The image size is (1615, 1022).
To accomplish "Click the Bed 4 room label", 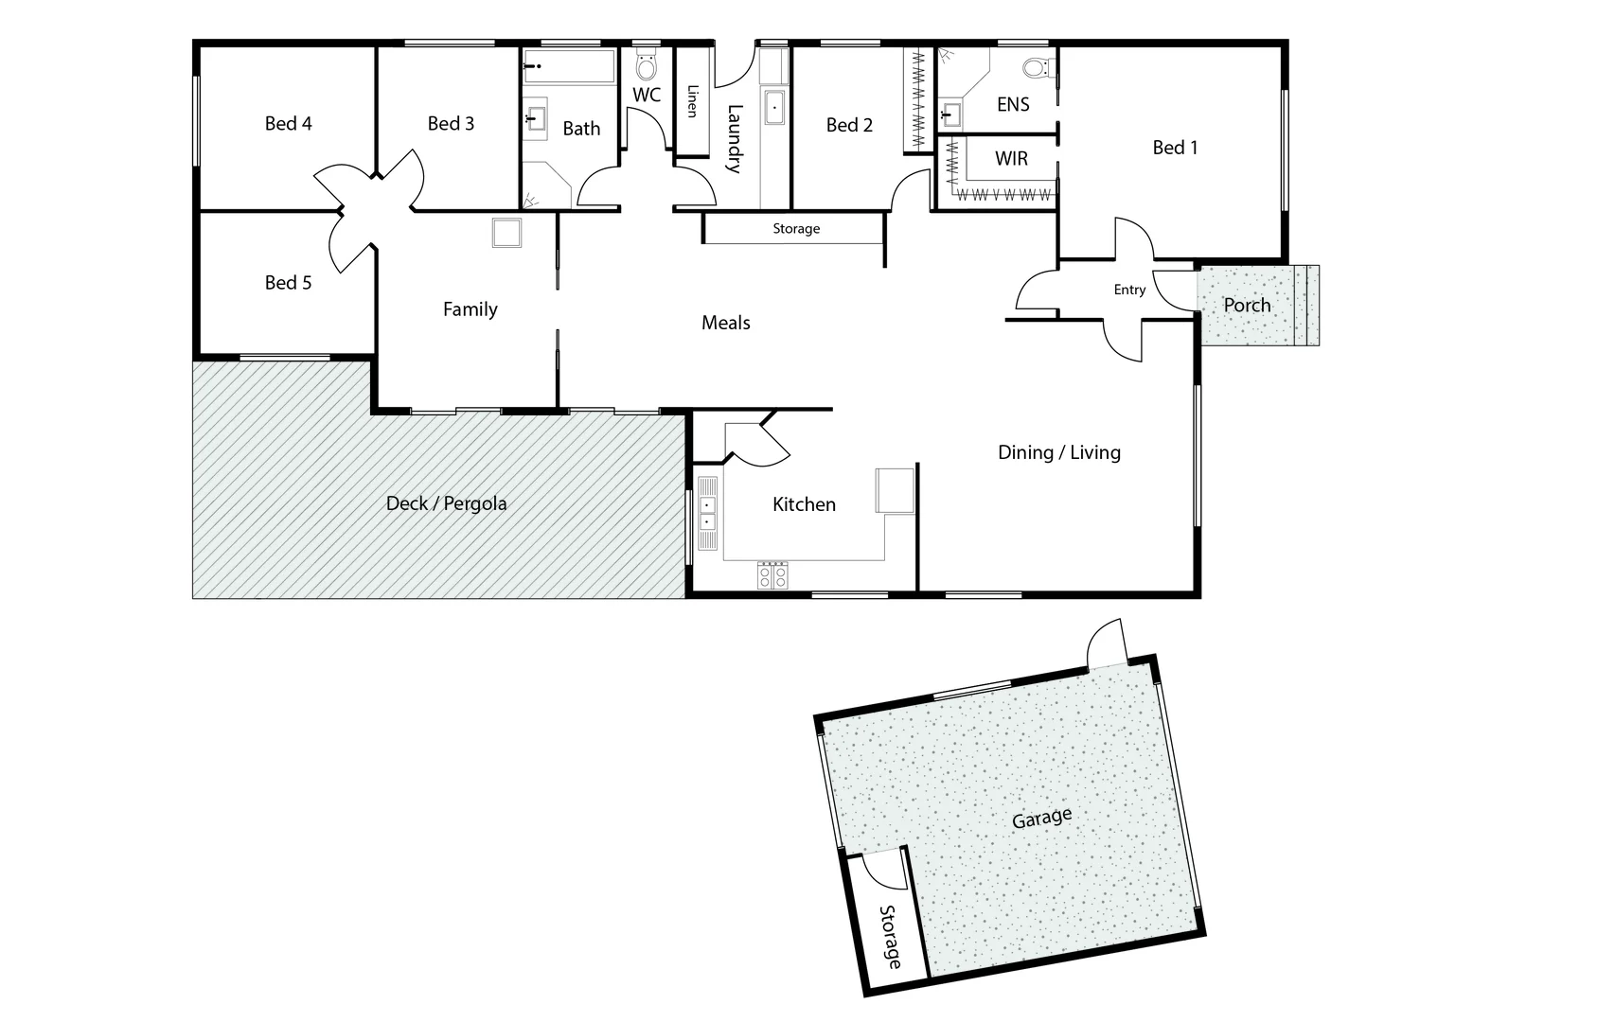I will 288,124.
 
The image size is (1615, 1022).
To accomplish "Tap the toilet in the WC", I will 647,66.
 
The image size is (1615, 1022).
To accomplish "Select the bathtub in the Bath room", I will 569,67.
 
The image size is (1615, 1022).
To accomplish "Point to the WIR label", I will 1011,159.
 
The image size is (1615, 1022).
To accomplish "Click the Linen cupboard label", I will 692,101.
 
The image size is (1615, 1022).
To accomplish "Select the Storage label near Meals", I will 796,229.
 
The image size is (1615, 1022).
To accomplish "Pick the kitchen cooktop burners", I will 772,575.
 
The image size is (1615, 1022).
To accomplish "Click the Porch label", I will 1247,306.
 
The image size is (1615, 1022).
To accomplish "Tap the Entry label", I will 1129,290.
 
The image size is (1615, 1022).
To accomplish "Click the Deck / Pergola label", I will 446,503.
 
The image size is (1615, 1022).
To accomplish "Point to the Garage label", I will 1041,818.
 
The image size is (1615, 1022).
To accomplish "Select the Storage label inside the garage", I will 890,937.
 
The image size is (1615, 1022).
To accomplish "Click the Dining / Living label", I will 1058,452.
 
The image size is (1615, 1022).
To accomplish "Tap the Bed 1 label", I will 1175,148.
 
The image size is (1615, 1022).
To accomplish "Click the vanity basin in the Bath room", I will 536,119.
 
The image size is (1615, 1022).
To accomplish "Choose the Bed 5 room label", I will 288,283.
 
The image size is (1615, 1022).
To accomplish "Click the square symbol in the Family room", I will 506,233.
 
